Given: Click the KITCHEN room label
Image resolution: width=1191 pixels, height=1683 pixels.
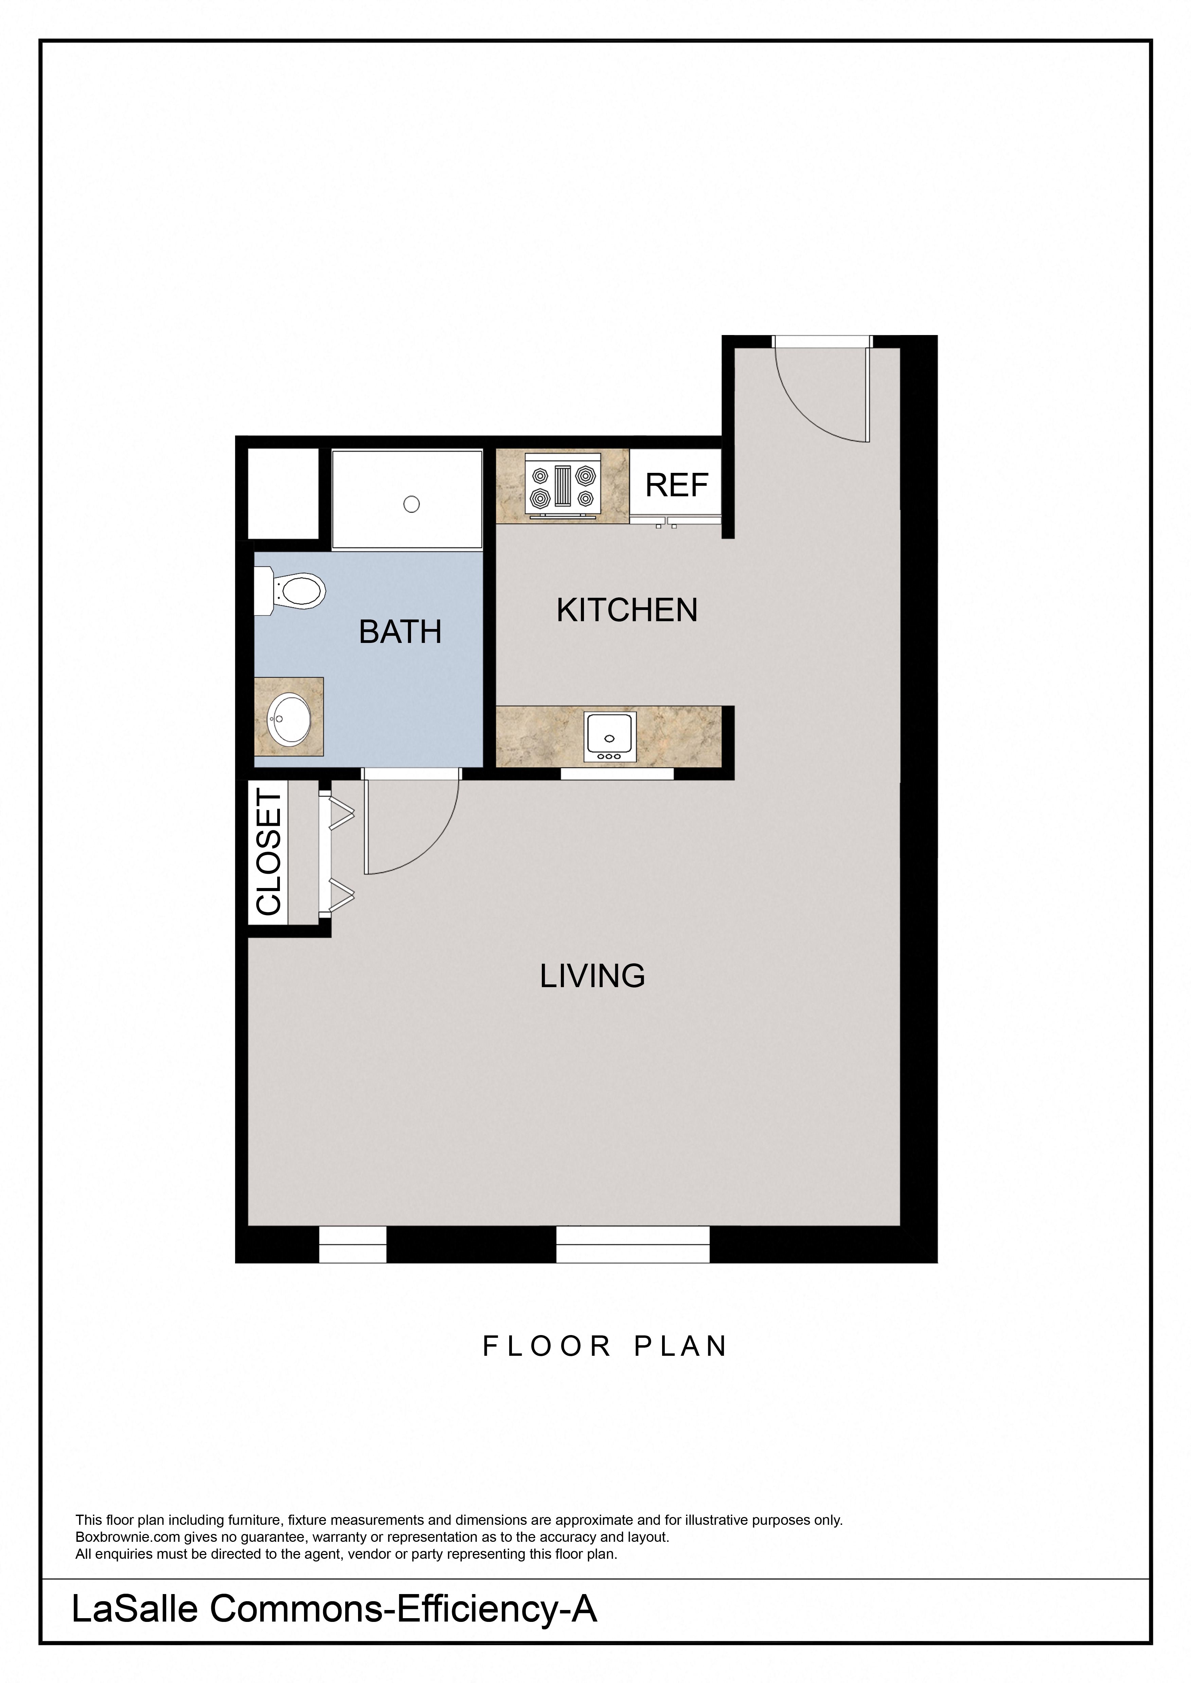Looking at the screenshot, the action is [x=627, y=610].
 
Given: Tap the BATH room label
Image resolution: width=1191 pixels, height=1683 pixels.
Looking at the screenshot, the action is [x=401, y=632].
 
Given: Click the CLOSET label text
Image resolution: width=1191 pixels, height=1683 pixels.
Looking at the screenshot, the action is [x=268, y=852].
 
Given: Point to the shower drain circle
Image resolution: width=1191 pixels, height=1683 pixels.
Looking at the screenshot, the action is [x=411, y=504].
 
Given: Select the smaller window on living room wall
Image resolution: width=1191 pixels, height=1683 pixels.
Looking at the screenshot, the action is [x=353, y=1244].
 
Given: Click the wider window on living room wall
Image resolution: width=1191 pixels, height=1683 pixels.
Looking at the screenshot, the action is [x=633, y=1244].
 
